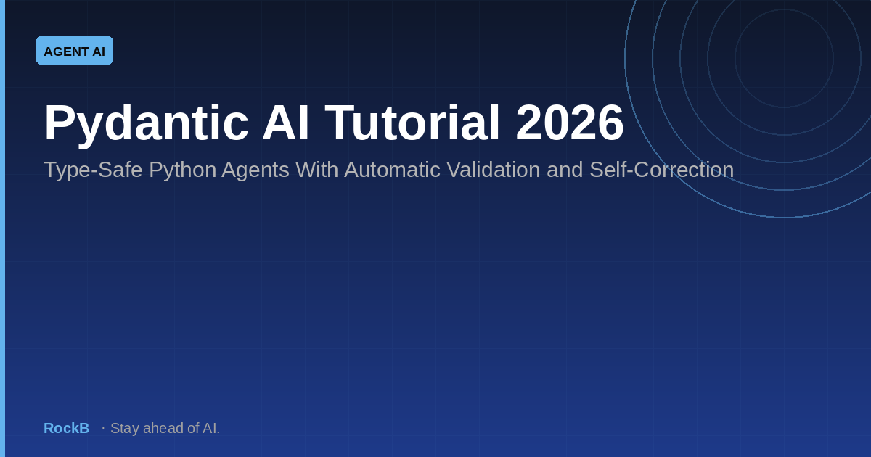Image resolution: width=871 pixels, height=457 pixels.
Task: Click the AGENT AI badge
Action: click(75, 51)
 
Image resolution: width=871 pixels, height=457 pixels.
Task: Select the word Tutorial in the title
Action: click(412, 123)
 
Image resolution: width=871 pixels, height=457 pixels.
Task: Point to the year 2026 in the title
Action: click(570, 123)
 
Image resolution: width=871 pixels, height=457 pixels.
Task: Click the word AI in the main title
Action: click(286, 123)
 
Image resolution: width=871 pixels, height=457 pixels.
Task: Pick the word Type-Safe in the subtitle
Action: click(93, 170)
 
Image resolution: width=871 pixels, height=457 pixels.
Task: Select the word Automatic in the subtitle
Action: click(392, 170)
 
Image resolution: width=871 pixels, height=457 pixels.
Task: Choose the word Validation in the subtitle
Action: click(494, 170)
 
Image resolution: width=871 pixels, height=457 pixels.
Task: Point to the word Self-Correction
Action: click(661, 170)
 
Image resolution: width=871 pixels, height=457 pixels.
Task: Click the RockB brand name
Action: click(67, 428)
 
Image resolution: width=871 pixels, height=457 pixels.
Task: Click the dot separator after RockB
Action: click(103, 428)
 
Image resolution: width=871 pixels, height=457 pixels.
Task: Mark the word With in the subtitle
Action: click(316, 170)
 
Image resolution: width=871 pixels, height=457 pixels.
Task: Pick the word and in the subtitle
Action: click(565, 170)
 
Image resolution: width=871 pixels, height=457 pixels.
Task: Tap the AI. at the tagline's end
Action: click(211, 428)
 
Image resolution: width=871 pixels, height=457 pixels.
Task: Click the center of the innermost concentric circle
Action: click(785, 58)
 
